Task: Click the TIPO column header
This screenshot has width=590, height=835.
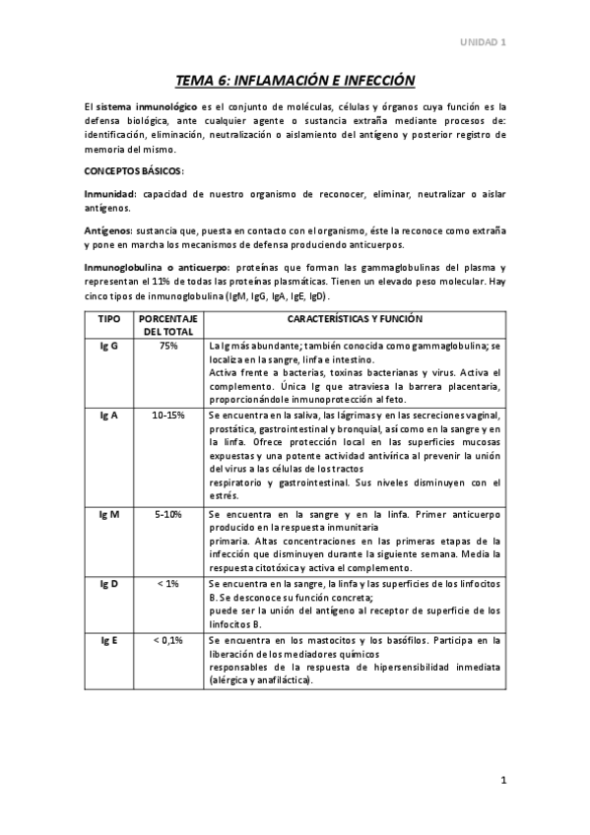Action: click(x=109, y=320)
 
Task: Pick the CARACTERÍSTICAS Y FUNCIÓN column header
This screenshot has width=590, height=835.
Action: click(x=355, y=320)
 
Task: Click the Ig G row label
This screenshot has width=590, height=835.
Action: click(x=109, y=348)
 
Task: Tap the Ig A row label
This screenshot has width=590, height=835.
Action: click(x=109, y=416)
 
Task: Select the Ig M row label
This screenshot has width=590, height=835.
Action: click(x=109, y=515)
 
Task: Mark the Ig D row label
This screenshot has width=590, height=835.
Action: click(x=109, y=584)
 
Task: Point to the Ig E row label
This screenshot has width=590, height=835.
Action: click(x=109, y=640)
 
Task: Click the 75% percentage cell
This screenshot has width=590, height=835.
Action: click(x=168, y=348)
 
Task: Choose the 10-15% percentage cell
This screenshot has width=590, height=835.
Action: click(x=168, y=416)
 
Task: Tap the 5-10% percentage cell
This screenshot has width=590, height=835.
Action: click(x=168, y=515)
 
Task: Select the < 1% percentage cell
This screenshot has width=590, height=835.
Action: click(x=168, y=584)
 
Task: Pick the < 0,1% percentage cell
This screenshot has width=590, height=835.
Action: click(x=168, y=640)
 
